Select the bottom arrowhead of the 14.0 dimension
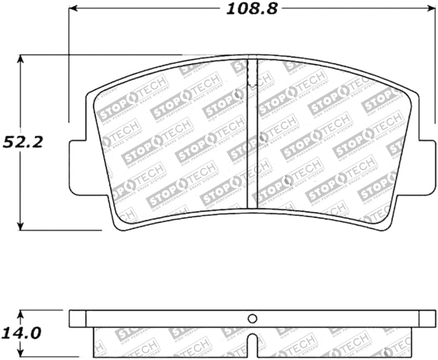(21, 352)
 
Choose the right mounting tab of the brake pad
(428, 168)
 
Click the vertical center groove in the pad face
(252, 137)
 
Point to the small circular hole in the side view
(252, 318)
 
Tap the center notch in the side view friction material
(252, 342)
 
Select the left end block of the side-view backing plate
(78, 319)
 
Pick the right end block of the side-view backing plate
(427, 319)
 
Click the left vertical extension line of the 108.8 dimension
(69, 66)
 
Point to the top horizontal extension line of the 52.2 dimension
(99, 55)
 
